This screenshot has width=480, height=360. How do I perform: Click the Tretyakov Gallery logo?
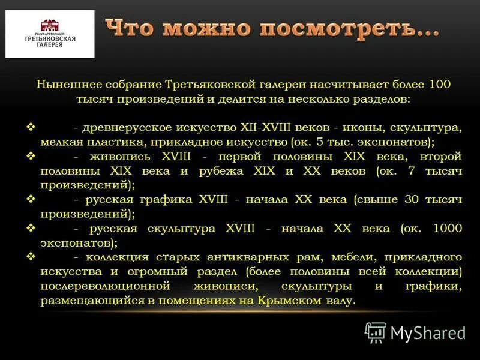(x=50, y=34)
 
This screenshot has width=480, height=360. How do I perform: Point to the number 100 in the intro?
(x=442, y=85)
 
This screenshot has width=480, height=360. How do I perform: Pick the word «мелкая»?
(x=60, y=143)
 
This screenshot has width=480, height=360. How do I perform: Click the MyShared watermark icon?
(x=376, y=332)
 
